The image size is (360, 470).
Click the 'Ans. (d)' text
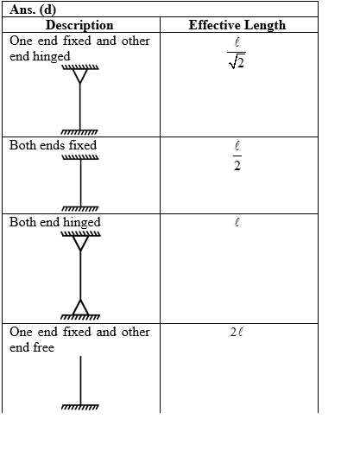point(33,10)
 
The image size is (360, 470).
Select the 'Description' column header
point(79,25)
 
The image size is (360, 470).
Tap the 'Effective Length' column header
point(237,25)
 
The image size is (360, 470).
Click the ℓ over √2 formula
point(237,53)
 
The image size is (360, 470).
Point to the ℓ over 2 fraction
point(237,156)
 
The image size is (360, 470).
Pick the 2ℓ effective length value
point(237,332)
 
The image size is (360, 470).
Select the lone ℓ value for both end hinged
point(237,222)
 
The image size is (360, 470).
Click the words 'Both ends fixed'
point(53,145)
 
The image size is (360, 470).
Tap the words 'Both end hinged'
point(55,222)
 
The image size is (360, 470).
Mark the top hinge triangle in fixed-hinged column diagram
point(80,76)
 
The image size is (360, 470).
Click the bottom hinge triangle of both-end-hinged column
point(80,307)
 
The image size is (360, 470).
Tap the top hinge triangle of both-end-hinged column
point(80,243)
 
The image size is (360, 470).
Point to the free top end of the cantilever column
point(80,357)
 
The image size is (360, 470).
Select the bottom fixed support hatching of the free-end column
point(80,407)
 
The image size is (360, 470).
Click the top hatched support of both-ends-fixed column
point(80,157)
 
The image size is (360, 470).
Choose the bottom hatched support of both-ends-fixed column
point(80,208)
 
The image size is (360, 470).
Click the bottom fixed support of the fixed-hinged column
point(79,131)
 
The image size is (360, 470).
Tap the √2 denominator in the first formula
point(237,62)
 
